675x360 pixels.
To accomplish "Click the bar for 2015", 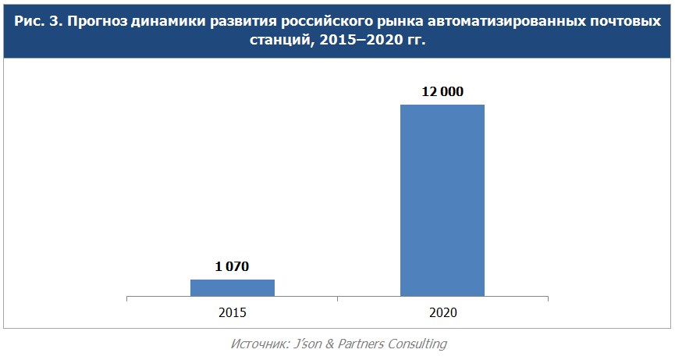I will click(232, 287).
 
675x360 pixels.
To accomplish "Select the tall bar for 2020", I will click(442, 200).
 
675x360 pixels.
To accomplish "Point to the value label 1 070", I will click(232, 266).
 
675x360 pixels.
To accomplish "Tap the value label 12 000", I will click(442, 91).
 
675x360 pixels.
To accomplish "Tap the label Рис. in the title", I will click(30, 21).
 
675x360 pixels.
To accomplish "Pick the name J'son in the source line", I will click(307, 344).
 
